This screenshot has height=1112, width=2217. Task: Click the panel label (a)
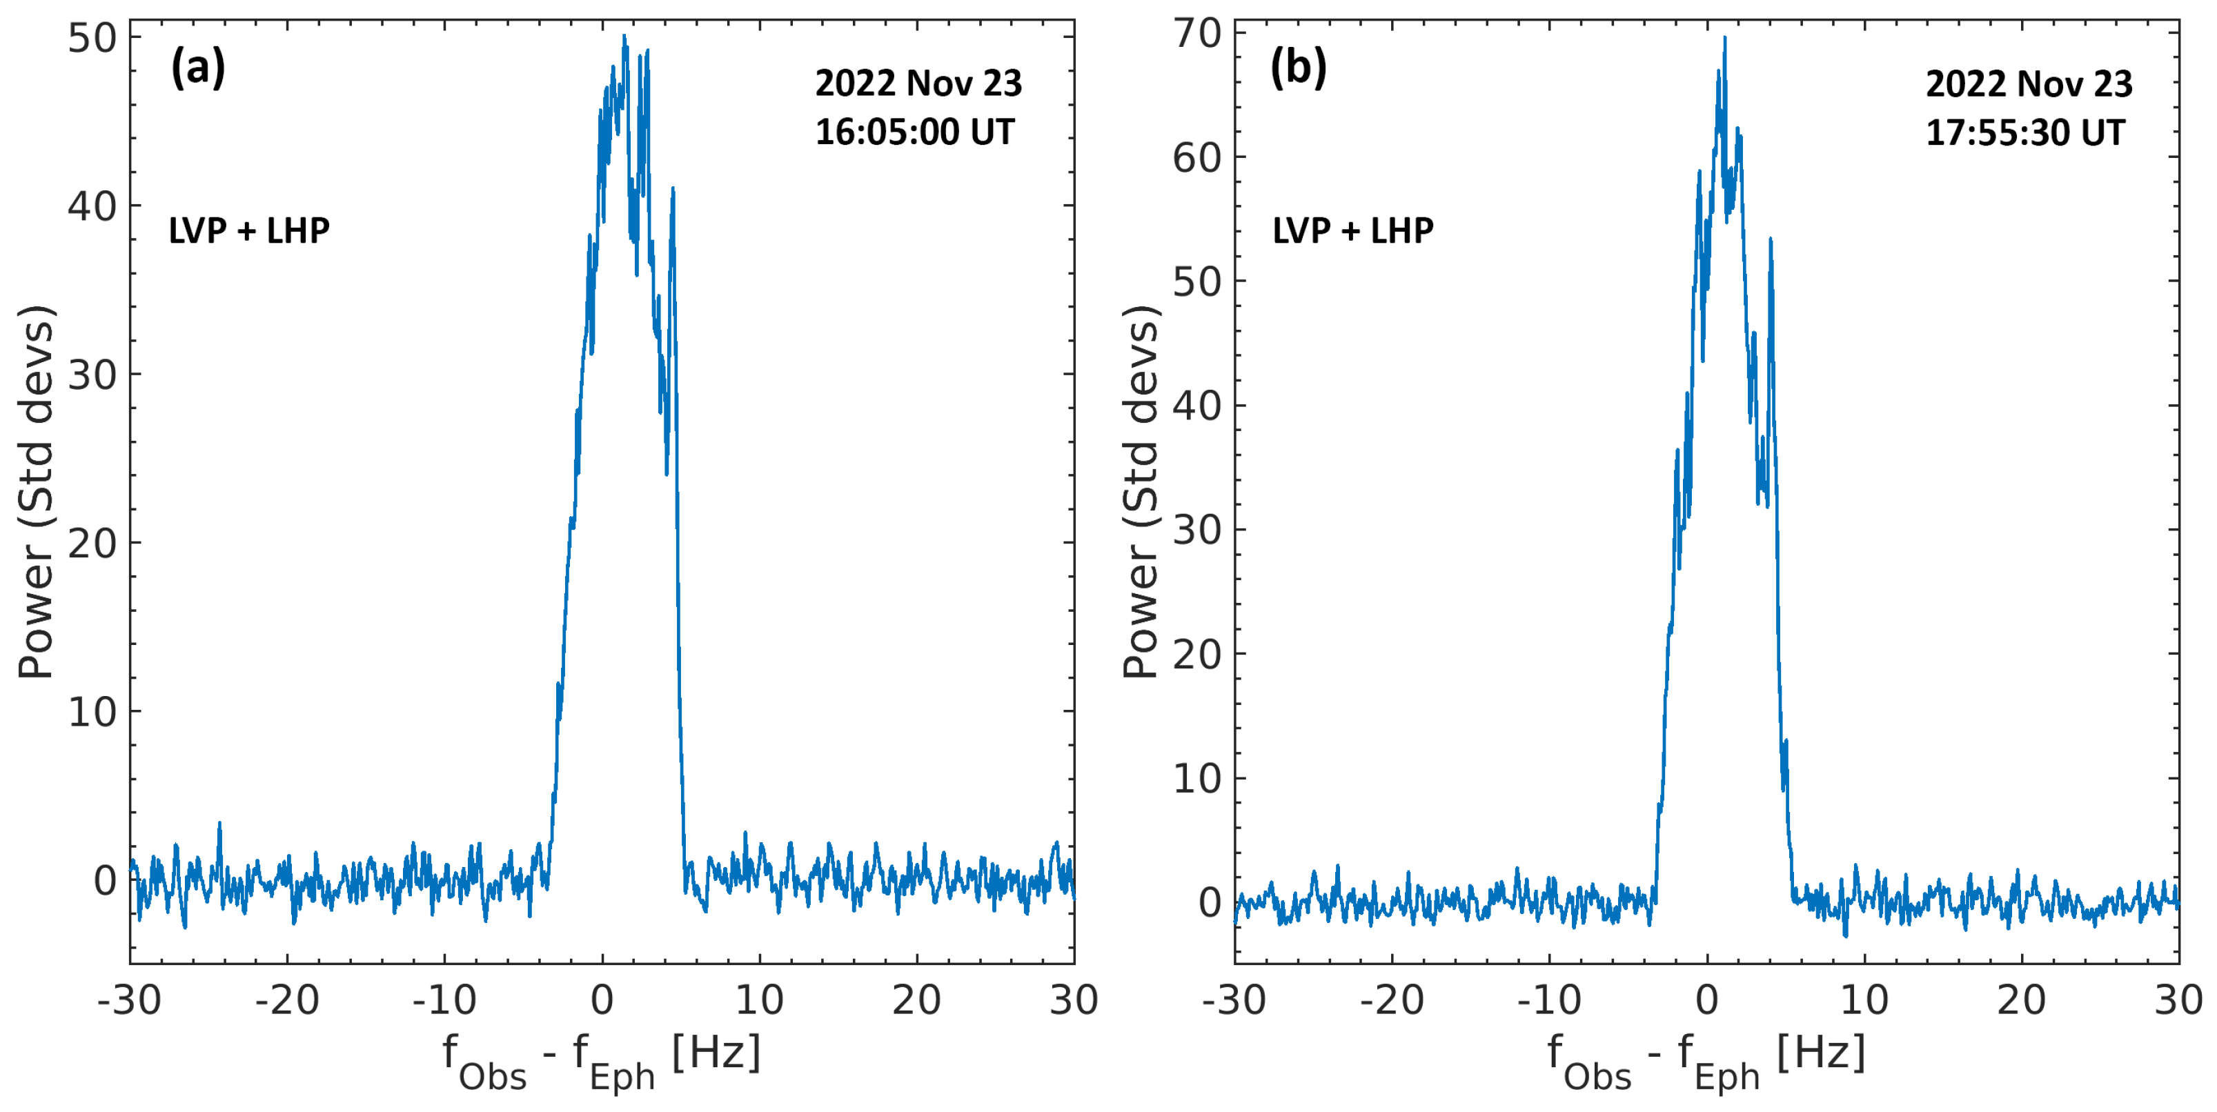tap(198, 67)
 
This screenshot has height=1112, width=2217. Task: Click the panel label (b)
tap(1299, 67)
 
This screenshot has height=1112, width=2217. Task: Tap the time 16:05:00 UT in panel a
tap(915, 132)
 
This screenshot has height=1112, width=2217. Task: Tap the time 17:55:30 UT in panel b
tap(2025, 132)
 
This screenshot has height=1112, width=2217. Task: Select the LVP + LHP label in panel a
tap(248, 230)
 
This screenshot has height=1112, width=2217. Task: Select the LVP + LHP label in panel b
tap(1353, 230)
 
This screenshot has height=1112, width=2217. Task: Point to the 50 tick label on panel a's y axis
tap(92, 38)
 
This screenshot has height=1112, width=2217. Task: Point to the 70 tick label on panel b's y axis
tap(1197, 34)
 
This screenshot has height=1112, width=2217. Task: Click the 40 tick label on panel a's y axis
tap(92, 206)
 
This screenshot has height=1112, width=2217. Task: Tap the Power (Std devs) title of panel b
tap(1141, 491)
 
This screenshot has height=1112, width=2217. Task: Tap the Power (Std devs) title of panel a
tap(36, 491)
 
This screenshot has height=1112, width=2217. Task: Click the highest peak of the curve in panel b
tap(1724, 38)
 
